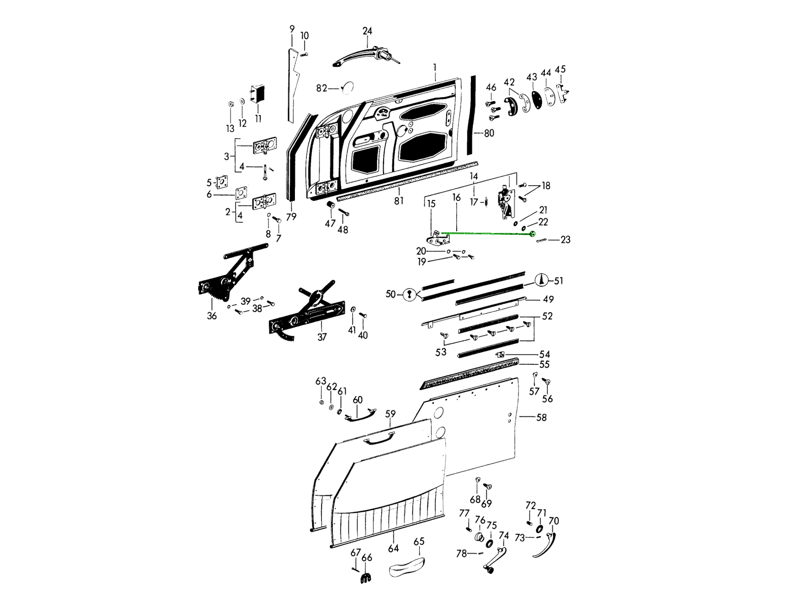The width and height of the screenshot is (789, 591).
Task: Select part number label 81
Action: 398,200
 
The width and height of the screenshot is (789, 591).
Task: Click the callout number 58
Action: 541,418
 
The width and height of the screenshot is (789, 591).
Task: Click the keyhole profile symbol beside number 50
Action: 408,295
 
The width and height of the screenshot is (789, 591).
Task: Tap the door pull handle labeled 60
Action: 359,415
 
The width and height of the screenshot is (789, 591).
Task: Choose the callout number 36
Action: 212,316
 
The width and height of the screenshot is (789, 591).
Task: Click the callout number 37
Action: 322,337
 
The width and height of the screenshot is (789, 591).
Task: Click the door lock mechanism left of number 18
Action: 505,200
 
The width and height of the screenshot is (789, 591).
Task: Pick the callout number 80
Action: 489,133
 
